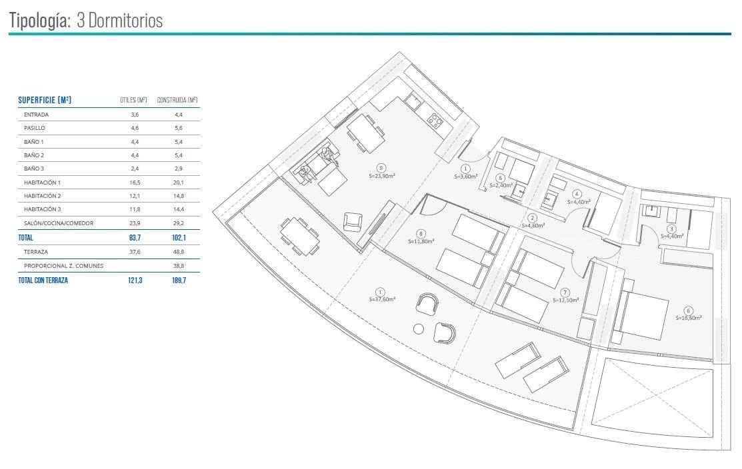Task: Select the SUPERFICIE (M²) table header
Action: click(x=45, y=100)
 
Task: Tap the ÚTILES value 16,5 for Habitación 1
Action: click(x=135, y=182)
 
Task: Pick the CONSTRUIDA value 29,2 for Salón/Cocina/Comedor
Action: click(x=179, y=223)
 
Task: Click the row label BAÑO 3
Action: click(x=34, y=169)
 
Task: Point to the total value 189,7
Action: click(x=179, y=280)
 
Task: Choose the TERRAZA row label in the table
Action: click(x=36, y=252)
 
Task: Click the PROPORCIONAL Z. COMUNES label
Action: click(x=63, y=266)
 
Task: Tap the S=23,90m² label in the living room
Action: click(x=382, y=175)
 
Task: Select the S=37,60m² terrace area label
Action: click(x=382, y=299)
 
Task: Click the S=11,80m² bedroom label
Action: click(x=421, y=241)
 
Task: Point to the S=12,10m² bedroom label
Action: click(x=565, y=300)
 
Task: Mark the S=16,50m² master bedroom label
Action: click(x=689, y=318)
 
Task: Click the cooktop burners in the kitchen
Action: click(x=435, y=120)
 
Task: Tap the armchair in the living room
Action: click(x=353, y=222)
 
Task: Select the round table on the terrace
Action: click(x=418, y=329)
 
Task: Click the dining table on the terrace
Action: click(x=299, y=235)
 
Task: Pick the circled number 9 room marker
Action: click(x=381, y=168)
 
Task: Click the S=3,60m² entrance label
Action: click(x=465, y=177)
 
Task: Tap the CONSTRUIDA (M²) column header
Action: click(x=177, y=100)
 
